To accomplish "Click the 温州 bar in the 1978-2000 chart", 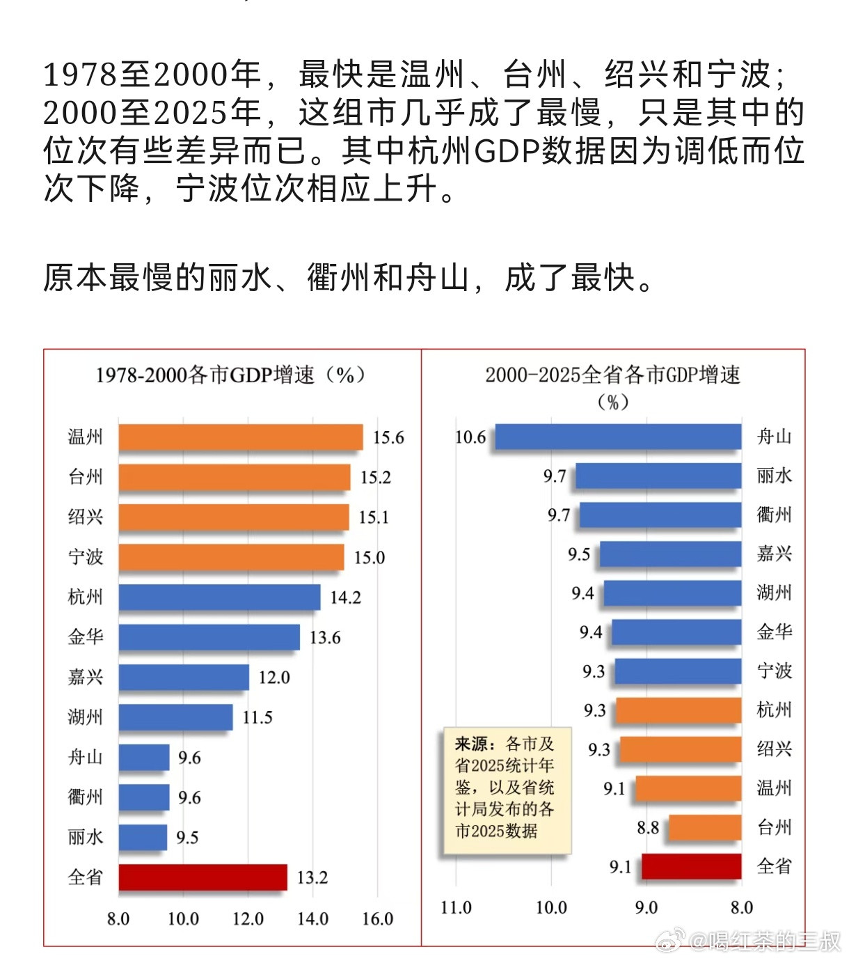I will click(x=240, y=437).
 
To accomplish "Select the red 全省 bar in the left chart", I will click(x=203, y=877).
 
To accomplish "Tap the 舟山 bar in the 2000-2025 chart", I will click(x=618, y=437).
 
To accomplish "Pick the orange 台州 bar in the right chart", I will click(x=705, y=827).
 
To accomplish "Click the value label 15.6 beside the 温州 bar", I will click(x=388, y=437).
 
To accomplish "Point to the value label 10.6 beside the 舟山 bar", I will click(x=470, y=437).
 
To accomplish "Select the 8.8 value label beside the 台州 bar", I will click(x=648, y=827).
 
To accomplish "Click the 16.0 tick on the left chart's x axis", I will click(x=377, y=919).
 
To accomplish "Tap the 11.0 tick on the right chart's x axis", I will click(x=456, y=907).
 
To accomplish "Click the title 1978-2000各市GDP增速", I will click(x=230, y=375).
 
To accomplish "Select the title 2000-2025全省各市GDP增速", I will click(x=612, y=376).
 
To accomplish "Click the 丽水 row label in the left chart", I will click(x=86, y=837).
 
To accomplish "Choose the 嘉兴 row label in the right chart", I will click(x=775, y=554).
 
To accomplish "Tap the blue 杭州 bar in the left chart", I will click(x=219, y=597).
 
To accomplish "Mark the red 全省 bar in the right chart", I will click(x=691, y=866).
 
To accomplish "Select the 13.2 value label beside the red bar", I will click(x=312, y=877).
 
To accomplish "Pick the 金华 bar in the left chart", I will click(x=209, y=637).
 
